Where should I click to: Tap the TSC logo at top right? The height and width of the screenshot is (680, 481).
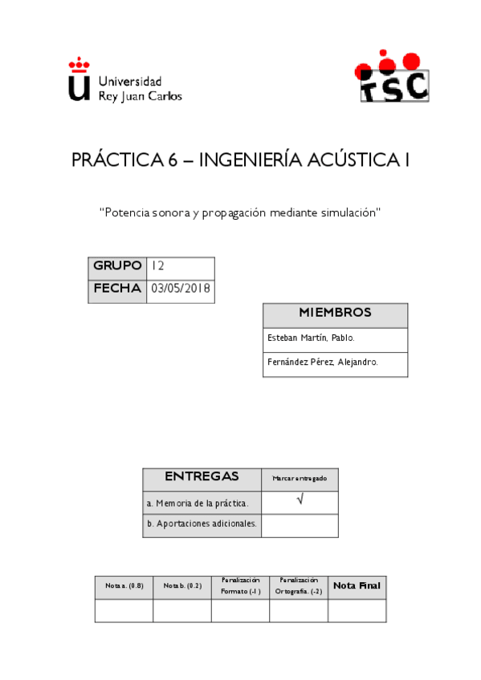(x=393, y=78)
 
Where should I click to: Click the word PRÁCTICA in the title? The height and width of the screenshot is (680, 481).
(x=118, y=160)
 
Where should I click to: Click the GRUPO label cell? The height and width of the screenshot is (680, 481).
(x=117, y=266)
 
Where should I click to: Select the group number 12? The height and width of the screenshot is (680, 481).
(x=158, y=266)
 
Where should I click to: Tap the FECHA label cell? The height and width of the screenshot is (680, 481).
(x=117, y=289)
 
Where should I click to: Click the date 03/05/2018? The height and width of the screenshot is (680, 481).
(x=181, y=289)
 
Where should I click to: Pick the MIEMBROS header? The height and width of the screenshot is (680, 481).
(x=335, y=314)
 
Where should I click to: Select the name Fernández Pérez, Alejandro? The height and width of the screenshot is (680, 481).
(x=322, y=362)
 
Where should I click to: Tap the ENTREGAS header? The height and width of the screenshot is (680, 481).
(x=202, y=477)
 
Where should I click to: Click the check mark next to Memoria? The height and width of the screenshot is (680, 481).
(x=300, y=501)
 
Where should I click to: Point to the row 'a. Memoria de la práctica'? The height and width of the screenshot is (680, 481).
(x=202, y=504)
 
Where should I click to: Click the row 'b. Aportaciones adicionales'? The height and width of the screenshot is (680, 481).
(x=202, y=524)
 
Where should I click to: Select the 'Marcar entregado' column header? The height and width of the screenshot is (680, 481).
(x=300, y=479)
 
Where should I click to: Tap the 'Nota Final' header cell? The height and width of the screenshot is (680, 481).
(x=357, y=586)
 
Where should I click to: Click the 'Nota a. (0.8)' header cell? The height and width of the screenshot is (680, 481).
(x=124, y=587)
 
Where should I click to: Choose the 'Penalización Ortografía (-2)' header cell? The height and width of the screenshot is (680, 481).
(x=298, y=586)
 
